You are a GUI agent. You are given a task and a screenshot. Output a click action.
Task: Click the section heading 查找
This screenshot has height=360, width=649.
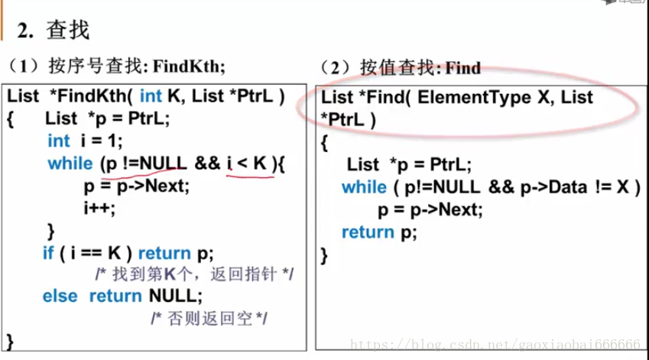[x=69, y=31]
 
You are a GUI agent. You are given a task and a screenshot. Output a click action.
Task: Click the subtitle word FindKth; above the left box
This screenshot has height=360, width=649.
[x=189, y=66]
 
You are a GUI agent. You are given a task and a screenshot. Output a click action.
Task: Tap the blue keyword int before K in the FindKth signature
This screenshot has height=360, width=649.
[x=151, y=96]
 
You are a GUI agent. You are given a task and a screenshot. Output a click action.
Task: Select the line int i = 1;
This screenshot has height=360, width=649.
[x=85, y=141]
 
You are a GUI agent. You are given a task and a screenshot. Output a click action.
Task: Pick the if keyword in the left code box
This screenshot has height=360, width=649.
[x=48, y=252]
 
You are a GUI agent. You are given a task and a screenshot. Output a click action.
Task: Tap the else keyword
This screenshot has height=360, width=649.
[x=60, y=296]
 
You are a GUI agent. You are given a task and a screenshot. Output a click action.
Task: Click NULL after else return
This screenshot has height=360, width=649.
[x=175, y=296]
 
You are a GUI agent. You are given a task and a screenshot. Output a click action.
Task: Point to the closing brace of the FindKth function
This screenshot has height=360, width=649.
[x=10, y=339]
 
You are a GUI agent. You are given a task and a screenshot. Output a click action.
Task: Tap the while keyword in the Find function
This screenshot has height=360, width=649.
[x=364, y=187]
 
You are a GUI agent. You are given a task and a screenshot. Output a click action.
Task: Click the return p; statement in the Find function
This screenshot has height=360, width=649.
[x=379, y=232]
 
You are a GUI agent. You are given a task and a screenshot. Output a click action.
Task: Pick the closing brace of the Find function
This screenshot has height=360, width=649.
[x=324, y=255]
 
